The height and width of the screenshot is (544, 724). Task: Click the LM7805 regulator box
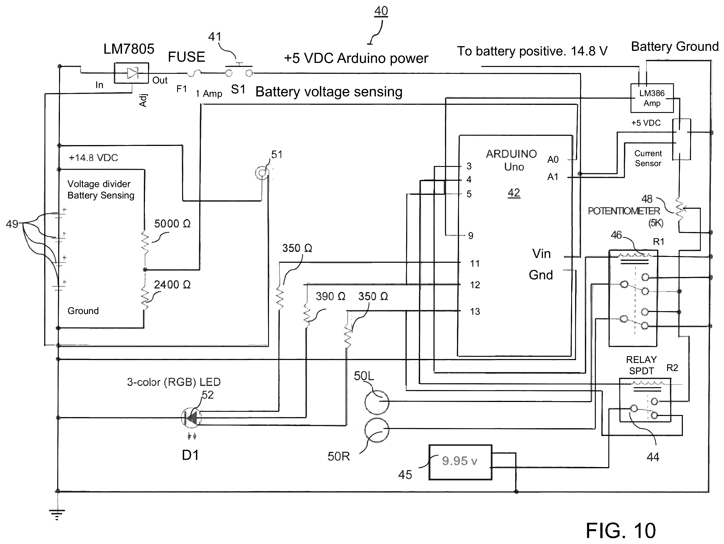click(131, 73)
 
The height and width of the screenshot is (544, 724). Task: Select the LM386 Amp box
click(652, 98)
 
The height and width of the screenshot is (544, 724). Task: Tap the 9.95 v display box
click(460, 462)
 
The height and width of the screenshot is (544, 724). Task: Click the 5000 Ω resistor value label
click(172, 224)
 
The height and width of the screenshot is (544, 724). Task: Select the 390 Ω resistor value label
click(330, 296)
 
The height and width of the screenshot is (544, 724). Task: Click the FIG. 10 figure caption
click(620, 530)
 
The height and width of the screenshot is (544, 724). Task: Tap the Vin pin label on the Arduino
click(541, 254)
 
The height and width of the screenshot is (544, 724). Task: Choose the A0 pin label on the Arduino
click(553, 160)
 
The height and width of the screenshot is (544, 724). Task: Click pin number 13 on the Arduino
click(475, 312)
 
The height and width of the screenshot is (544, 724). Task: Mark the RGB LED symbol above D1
click(191, 418)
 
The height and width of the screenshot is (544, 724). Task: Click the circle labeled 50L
click(377, 402)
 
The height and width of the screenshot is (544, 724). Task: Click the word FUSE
click(186, 57)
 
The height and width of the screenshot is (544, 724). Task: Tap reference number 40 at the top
click(381, 11)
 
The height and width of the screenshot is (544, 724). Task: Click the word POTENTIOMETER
click(624, 211)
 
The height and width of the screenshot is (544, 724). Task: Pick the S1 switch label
click(238, 89)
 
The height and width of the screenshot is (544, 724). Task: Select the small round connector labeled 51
click(262, 173)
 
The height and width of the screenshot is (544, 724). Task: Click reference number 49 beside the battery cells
click(12, 224)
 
